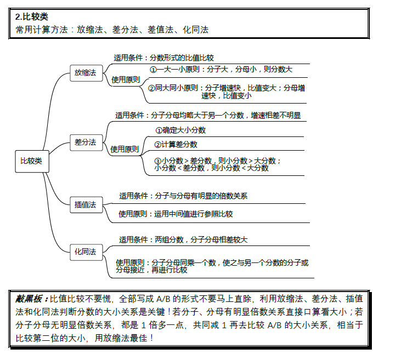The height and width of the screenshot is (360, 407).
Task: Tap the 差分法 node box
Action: click(x=85, y=142)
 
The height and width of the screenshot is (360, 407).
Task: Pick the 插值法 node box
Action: click(x=85, y=204)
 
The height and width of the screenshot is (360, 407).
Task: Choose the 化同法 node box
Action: click(x=85, y=252)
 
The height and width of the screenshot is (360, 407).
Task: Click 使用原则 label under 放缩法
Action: click(x=126, y=79)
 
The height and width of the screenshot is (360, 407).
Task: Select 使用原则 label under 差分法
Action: click(x=125, y=148)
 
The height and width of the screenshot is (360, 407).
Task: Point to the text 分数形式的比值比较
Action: click(x=182, y=57)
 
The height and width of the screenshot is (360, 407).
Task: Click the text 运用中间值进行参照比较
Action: click(x=193, y=214)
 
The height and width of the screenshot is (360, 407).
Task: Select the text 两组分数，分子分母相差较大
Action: click(x=201, y=239)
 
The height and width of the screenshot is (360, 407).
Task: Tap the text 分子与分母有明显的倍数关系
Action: click(x=201, y=195)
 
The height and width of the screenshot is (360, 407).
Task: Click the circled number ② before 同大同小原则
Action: click(x=152, y=88)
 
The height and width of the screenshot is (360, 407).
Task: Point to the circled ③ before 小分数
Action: click(x=157, y=161)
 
